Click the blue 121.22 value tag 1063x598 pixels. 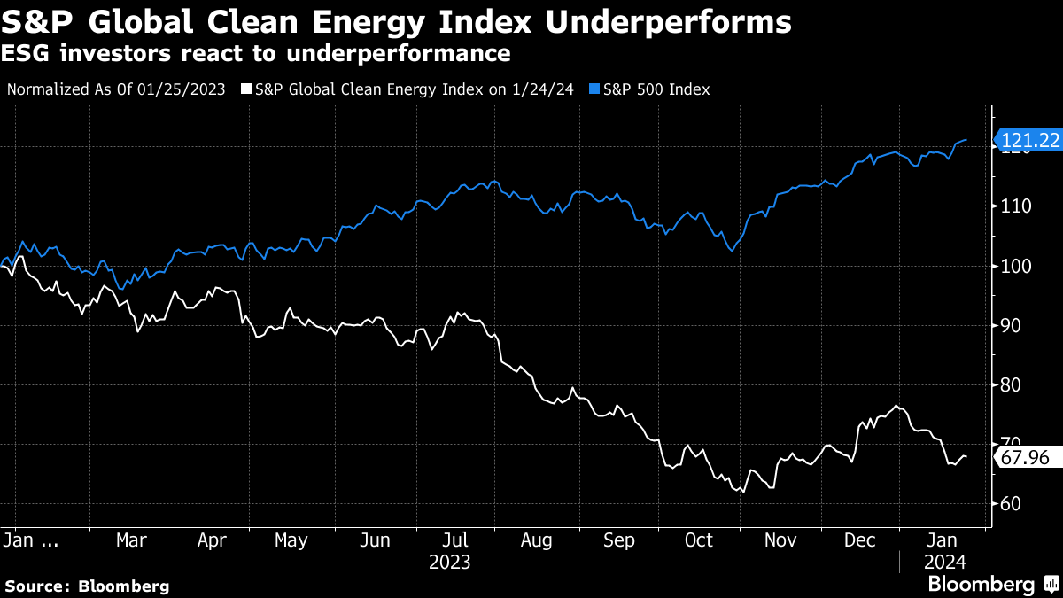(x=1028, y=140)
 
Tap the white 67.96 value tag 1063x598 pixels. (x=1028, y=458)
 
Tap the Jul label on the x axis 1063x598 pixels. (x=454, y=540)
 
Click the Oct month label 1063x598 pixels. (x=700, y=540)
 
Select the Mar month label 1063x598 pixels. (x=131, y=540)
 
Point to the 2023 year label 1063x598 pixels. (x=449, y=563)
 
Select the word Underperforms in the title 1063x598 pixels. (x=668, y=22)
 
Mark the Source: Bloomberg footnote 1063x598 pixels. (x=87, y=586)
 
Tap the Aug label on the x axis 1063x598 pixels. (x=537, y=540)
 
